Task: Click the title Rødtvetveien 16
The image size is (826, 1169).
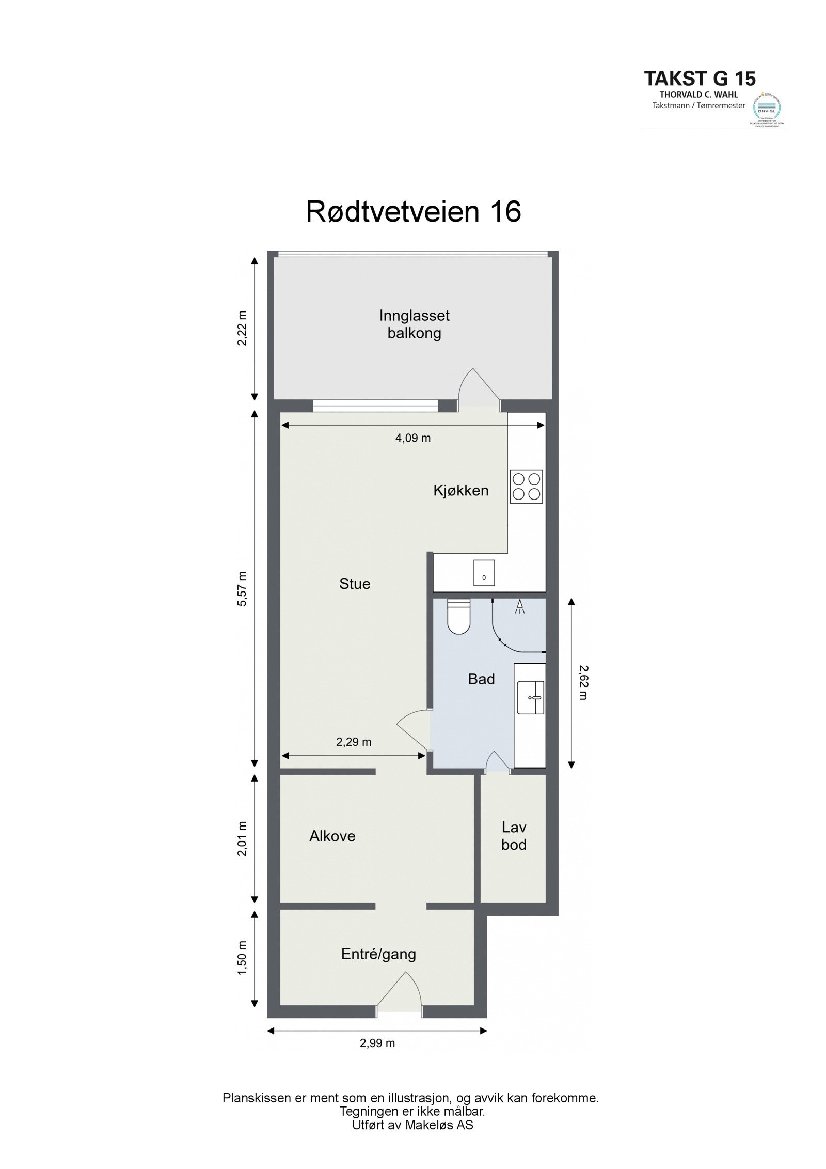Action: (x=413, y=212)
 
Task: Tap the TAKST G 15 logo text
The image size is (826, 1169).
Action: (x=699, y=79)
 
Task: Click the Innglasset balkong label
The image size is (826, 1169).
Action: (x=414, y=324)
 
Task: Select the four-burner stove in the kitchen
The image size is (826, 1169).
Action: (x=526, y=486)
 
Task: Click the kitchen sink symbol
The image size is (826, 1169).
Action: (x=484, y=572)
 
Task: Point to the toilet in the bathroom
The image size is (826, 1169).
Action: (x=458, y=616)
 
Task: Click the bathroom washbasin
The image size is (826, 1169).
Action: (x=530, y=697)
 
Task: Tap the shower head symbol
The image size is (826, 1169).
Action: (x=519, y=606)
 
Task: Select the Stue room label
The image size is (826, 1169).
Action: (x=355, y=584)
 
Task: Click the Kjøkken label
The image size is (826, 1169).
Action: (x=460, y=490)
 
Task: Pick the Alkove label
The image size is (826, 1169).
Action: (x=332, y=836)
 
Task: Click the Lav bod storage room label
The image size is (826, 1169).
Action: (x=514, y=836)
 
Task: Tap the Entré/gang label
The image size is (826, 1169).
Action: (x=378, y=954)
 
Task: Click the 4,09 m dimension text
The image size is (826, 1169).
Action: (x=412, y=438)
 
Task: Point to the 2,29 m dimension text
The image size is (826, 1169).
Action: (x=354, y=742)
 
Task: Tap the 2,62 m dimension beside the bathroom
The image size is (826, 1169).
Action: (x=583, y=682)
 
